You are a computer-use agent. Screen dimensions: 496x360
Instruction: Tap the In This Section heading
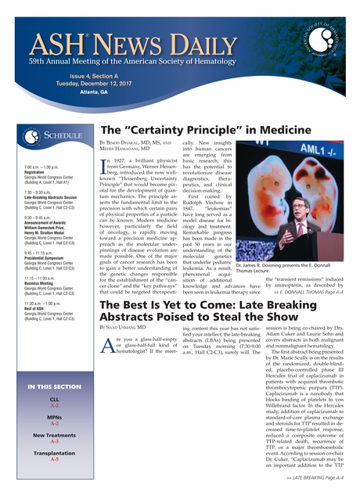point(54,387)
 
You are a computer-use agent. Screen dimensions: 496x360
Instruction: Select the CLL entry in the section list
point(54,401)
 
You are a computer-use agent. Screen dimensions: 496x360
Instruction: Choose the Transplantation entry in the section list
point(54,453)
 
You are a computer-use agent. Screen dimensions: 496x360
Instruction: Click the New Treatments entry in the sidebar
point(54,435)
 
